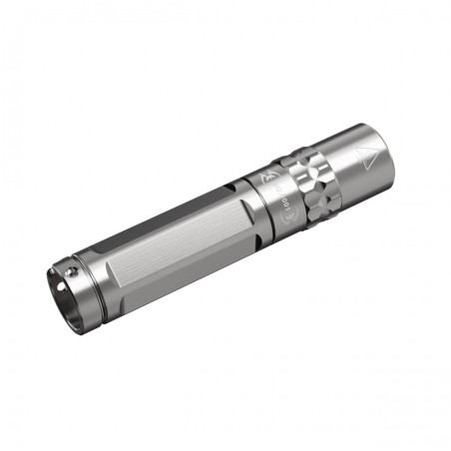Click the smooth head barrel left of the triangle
pos(344,165)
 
